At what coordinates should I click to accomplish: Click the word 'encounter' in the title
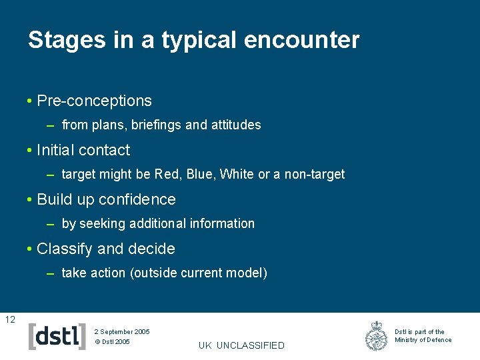[x=301, y=40]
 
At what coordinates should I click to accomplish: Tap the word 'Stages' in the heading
[x=65, y=40]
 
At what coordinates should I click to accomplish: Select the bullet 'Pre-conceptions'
[x=94, y=101]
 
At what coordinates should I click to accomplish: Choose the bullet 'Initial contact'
[x=83, y=150]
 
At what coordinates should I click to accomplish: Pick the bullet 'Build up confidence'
[x=106, y=199]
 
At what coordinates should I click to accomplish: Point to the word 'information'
[x=223, y=223]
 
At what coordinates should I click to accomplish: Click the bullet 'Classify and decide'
[x=105, y=249]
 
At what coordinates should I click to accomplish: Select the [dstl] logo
[x=57, y=336]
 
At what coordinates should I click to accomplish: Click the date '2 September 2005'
[x=122, y=331]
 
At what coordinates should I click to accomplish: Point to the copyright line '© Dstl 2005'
[x=112, y=342]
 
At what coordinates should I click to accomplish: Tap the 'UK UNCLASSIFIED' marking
[x=241, y=345]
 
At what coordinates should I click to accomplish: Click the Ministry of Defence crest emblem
[x=377, y=336]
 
